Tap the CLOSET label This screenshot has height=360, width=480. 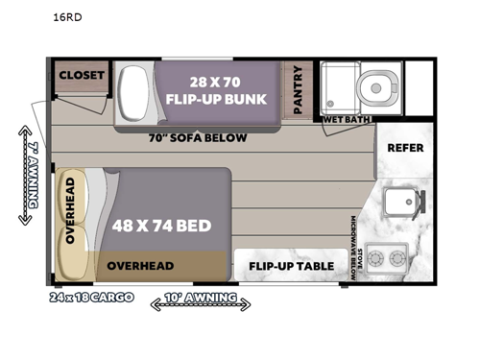point(81,75)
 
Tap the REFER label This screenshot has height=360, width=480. point(405,148)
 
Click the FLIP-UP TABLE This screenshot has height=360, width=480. point(292,266)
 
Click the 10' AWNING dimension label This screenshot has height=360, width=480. point(201,300)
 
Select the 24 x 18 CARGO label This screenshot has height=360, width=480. point(92,297)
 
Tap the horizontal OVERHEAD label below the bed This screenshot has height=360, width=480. point(139,266)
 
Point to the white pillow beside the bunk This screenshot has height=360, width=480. point(132,94)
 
